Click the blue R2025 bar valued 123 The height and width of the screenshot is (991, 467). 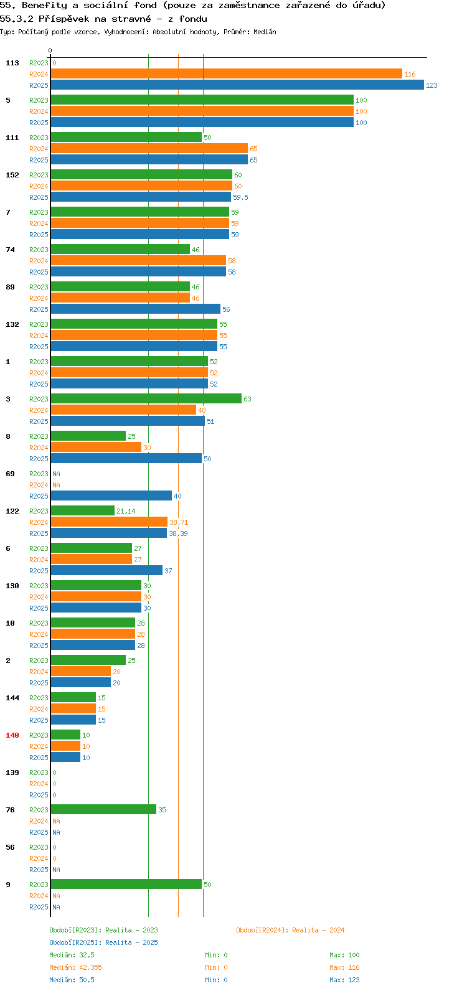[x=237, y=85]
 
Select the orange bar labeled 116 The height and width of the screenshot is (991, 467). [x=227, y=74]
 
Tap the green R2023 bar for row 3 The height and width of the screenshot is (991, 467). [x=146, y=398]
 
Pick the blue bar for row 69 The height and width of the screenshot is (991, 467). [x=111, y=496]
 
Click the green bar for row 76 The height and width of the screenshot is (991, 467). [x=103, y=810]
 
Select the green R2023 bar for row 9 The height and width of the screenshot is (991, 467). [x=126, y=885]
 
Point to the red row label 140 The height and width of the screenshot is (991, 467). [x=12, y=735]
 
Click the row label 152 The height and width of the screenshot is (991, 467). [x=12, y=175]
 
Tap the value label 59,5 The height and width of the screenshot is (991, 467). [x=240, y=197]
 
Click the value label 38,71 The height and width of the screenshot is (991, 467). [x=179, y=522]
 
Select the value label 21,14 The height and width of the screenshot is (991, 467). [x=126, y=511]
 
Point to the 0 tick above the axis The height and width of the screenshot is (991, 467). [x=50, y=51]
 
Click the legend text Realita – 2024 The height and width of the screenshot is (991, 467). [x=318, y=930]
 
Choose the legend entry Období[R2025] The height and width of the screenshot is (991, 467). [x=75, y=942]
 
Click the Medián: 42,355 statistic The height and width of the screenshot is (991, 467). [x=76, y=967]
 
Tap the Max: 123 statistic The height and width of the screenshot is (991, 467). [x=344, y=980]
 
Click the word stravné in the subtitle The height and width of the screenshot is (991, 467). [x=131, y=19]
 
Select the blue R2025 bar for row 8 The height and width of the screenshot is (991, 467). [x=126, y=458]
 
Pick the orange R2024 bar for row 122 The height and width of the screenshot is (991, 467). [x=110, y=522]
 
